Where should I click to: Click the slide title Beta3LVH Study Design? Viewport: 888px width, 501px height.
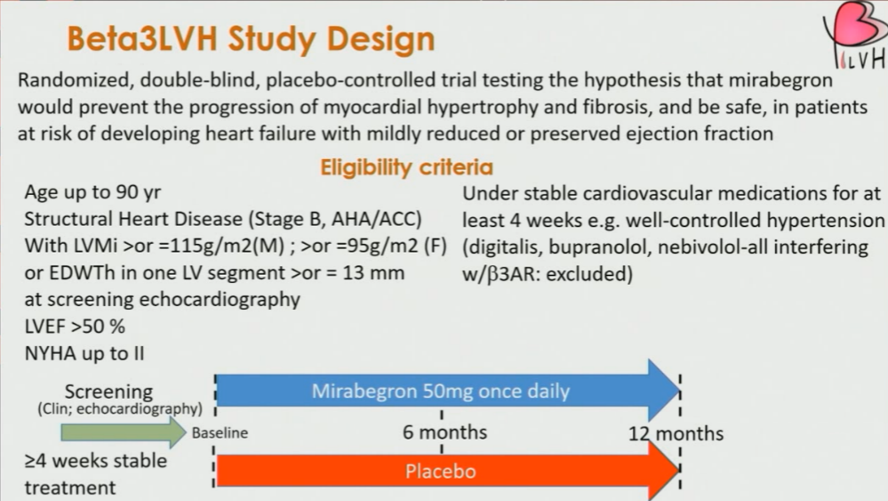coord(251,38)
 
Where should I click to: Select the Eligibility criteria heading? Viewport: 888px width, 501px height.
coord(406,167)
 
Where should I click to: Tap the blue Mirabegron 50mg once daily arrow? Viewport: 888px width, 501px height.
coord(448,390)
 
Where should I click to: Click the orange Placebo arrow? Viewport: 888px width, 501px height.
coord(448,471)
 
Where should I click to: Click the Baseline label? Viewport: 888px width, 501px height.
coord(220,433)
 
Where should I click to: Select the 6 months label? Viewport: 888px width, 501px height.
coord(444,432)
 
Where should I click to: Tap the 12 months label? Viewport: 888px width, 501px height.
coord(676,433)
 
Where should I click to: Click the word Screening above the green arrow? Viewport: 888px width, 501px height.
coord(108,391)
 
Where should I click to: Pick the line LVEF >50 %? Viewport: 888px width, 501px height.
coord(75,327)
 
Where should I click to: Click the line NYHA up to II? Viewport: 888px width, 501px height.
coord(84,353)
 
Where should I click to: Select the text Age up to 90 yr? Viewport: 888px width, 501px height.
coord(92,192)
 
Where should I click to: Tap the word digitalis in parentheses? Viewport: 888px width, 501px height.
coord(502,247)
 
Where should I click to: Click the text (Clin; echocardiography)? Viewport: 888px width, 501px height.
coord(120,408)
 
